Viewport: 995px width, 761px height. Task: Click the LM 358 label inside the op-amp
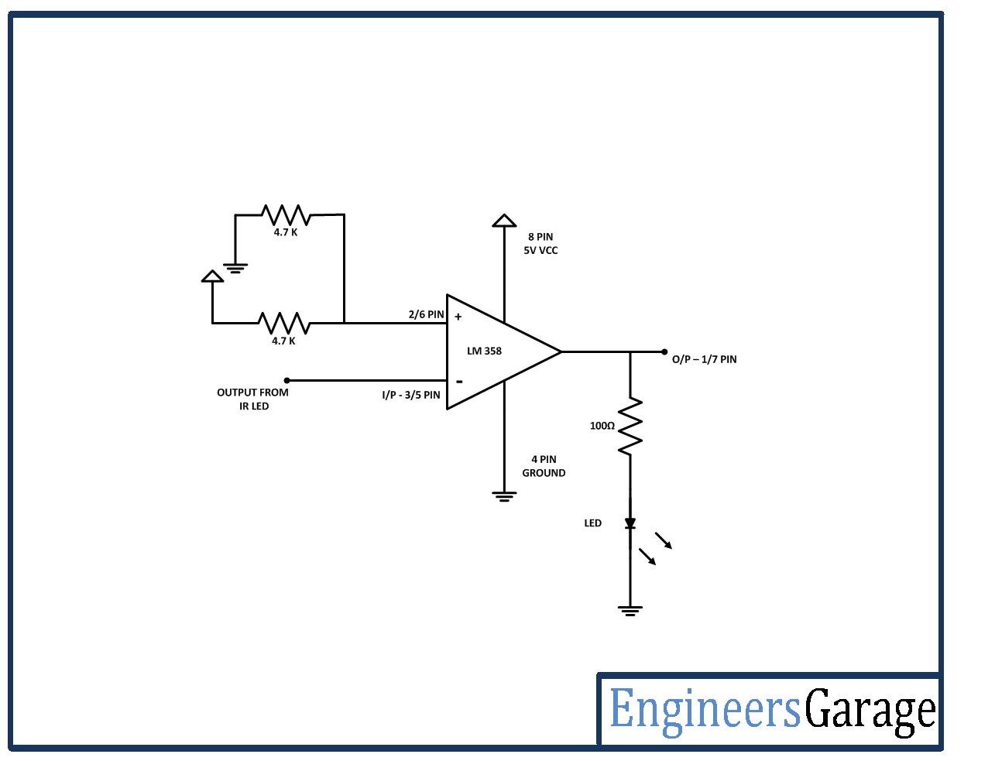[484, 351]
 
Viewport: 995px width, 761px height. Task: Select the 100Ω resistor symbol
[630, 427]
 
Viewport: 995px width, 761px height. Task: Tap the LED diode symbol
[630, 523]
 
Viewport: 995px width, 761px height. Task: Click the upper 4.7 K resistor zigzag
[286, 214]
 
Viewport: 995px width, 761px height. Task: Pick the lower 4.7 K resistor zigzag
[283, 322]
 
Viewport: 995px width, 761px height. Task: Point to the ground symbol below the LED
[630, 610]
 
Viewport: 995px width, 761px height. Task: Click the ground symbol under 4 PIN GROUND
[504, 496]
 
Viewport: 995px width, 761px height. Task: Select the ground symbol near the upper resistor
[235, 269]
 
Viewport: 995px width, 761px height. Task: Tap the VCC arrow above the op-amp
[504, 221]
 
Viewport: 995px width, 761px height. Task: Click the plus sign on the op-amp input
[458, 317]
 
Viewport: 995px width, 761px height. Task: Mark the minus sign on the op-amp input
[459, 381]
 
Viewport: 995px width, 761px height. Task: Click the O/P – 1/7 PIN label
[704, 359]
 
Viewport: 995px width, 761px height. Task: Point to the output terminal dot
[664, 351]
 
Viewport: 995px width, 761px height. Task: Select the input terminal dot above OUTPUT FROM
[287, 380]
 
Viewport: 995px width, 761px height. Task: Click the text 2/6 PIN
[426, 314]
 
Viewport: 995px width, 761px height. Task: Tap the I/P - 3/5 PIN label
[410, 395]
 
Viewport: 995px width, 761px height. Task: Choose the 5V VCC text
[540, 250]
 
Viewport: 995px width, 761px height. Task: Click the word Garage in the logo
[870, 710]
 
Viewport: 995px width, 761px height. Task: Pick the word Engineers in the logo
[705, 710]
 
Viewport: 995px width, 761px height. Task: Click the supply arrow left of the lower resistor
[212, 276]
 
